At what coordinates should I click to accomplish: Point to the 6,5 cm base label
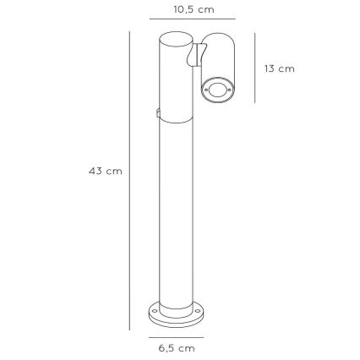point(178,346)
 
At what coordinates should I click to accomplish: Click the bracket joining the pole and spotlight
point(196,56)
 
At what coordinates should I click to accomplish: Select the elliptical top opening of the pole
point(175,37)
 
